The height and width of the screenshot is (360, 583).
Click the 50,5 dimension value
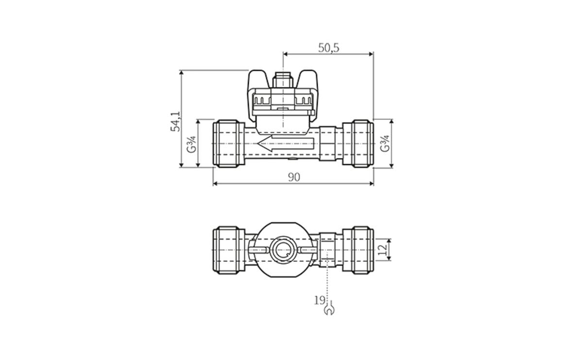(x=328, y=48)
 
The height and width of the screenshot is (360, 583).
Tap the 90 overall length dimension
(x=293, y=177)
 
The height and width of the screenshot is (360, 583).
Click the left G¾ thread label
(x=192, y=144)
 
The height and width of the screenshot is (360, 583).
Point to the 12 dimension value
(x=383, y=250)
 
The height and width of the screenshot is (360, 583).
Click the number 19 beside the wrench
(x=319, y=300)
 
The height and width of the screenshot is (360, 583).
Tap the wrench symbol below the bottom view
(x=328, y=309)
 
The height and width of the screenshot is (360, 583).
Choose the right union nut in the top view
(x=359, y=143)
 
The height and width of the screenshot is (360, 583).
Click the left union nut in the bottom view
(x=228, y=250)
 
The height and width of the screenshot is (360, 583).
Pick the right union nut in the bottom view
(x=359, y=250)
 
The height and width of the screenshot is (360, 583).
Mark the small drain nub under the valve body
(x=291, y=159)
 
